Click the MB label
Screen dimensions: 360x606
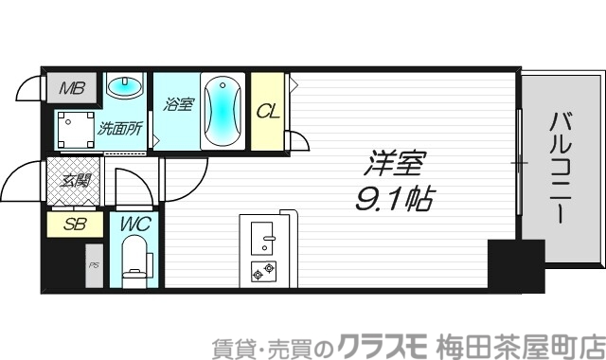(72, 90)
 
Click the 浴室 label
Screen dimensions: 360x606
(178, 105)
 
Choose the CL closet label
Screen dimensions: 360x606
(268, 112)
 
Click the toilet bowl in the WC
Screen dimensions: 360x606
(135, 260)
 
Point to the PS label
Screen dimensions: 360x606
(94, 266)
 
